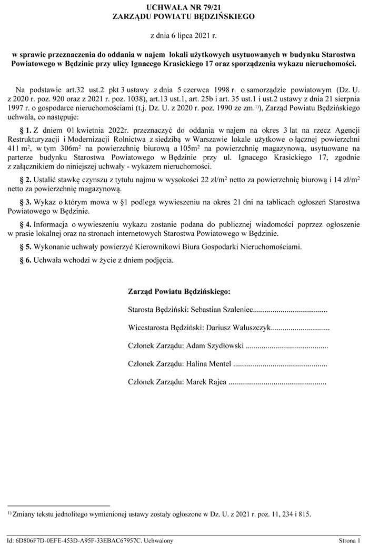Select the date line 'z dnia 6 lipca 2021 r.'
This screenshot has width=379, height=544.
184,36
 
